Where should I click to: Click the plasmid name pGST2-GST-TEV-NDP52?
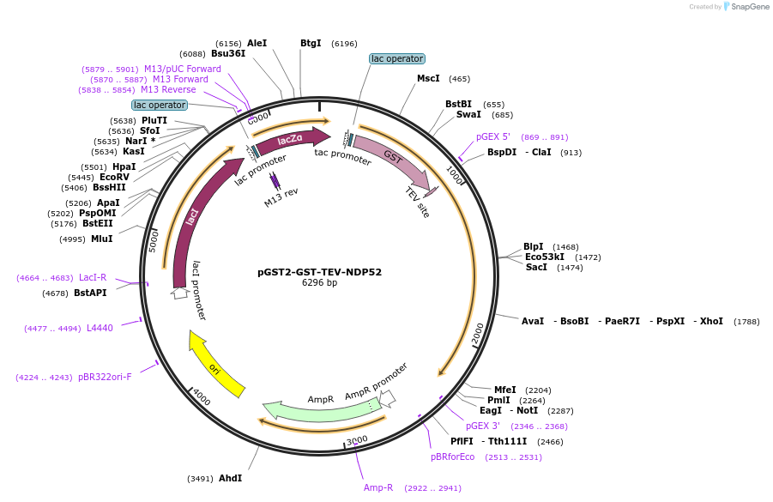click(x=319, y=272)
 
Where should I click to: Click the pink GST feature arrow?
click(x=393, y=159)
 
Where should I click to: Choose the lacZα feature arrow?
click(x=292, y=139)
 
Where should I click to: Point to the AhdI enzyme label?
click(x=230, y=478)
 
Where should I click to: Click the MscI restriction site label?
click(x=428, y=79)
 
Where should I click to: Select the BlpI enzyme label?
click(x=534, y=247)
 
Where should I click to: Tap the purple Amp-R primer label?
click(x=378, y=487)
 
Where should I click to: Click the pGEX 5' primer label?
click(x=493, y=137)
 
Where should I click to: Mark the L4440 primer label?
click(x=100, y=328)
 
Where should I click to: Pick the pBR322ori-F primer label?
click(x=105, y=377)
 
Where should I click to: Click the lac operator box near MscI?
click(x=396, y=59)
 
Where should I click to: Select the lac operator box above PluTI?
click(x=160, y=105)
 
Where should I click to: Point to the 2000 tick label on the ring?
click(x=478, y=334)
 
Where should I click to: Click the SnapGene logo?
click(x=743, y=7)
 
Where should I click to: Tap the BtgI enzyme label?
click(x=311, y=43)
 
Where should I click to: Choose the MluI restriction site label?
click(x=101, y=239)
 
